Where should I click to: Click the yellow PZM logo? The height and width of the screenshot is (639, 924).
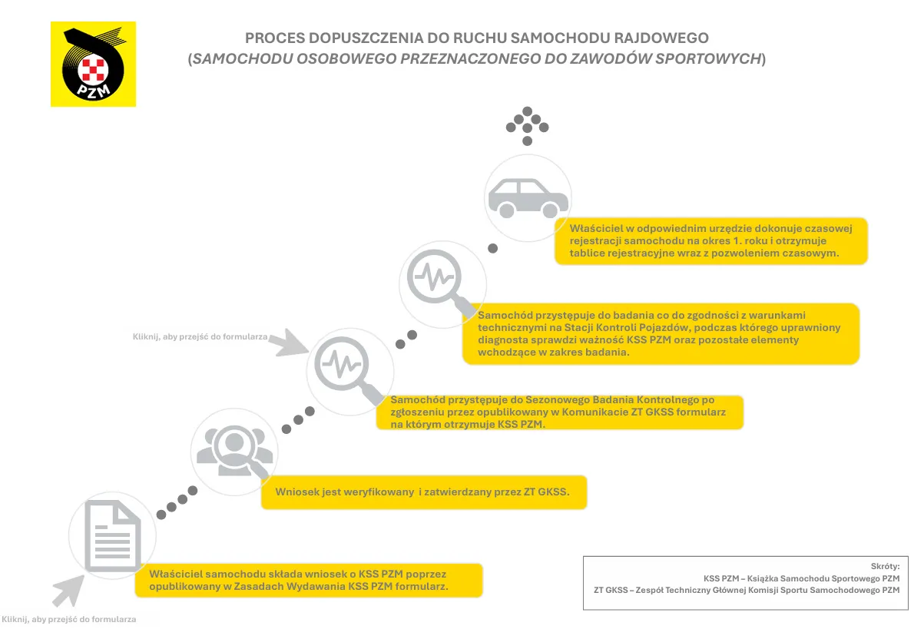93,64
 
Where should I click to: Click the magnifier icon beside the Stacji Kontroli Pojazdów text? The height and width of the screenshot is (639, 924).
440,282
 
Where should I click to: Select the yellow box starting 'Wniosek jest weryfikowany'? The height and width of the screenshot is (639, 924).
423,492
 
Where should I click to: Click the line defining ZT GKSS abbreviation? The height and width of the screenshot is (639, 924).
746,591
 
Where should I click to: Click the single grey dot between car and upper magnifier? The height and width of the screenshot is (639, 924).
493,248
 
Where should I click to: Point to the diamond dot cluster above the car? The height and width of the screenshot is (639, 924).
527,125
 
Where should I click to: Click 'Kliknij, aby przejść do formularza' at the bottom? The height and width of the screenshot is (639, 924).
69,619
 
